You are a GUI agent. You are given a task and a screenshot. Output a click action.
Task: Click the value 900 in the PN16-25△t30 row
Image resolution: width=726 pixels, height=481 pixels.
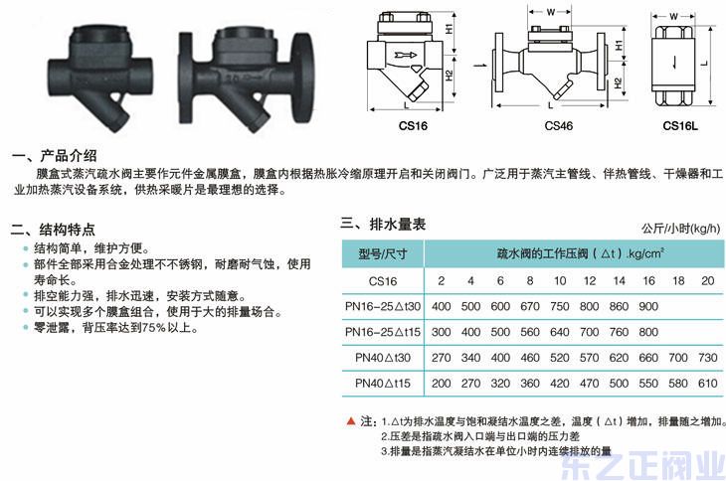648,306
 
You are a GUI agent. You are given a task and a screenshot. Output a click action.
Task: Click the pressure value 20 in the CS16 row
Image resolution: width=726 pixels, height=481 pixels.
707,280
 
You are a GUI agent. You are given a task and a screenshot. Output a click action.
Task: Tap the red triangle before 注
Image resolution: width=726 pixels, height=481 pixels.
350,421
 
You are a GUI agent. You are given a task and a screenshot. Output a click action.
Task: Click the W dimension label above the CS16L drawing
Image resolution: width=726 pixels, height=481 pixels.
673,17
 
